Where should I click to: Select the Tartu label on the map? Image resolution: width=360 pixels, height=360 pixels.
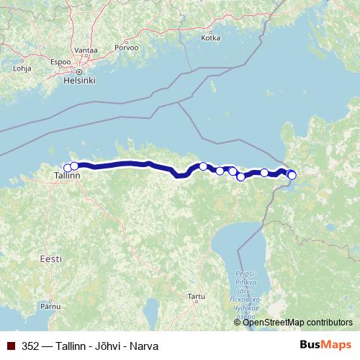click(x=196, y=296)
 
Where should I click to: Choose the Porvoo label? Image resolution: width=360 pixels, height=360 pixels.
click(x=124, y=50)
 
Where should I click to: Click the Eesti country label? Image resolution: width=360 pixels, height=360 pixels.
click(x=51, y=258)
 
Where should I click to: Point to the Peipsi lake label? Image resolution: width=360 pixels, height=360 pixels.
click(x=245, y=275)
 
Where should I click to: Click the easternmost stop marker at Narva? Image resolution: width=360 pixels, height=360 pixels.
click(x=292, y=175)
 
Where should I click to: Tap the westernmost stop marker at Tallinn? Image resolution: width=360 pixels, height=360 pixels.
click(x=68, y=168)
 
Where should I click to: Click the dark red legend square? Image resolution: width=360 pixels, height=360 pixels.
click(x=11, y=344)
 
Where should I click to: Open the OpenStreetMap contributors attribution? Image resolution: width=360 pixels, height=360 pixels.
click(x=297, y=322)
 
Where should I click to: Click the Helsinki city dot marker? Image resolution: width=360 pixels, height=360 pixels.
click(x=80, y=71)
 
